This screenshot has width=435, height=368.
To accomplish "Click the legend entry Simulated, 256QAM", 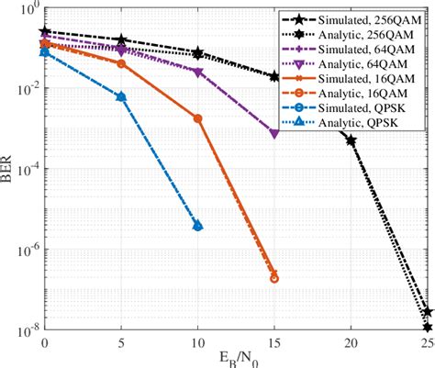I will [x=378, y=18].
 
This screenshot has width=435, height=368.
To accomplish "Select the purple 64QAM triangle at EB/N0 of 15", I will [x=274, y=134].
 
